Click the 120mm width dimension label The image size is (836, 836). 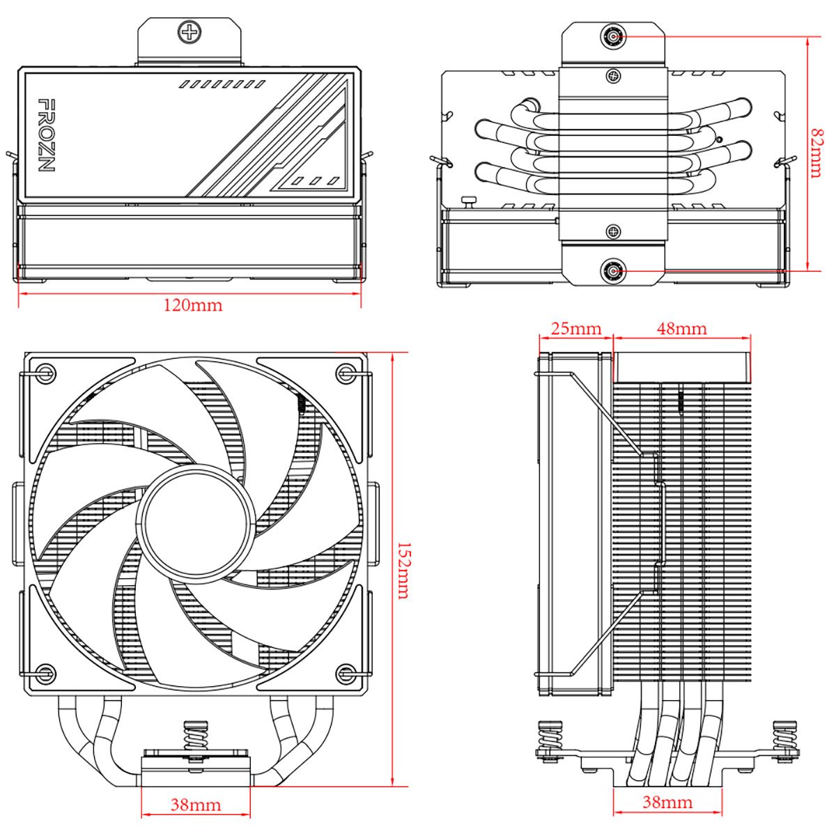pos(193,305)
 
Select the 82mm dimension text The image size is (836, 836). pos(816,153)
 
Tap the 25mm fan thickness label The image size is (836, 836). pos(575,328)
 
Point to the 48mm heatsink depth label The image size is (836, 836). pos(681,328)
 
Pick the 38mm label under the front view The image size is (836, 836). pos(196,805)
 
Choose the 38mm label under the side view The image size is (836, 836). pos(667,803)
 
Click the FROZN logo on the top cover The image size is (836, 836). pos(46,135)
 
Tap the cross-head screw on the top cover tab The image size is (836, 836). pos(189,31)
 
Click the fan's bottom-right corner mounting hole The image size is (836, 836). pos(345,672)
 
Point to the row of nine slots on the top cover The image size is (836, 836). pos(222,84)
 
